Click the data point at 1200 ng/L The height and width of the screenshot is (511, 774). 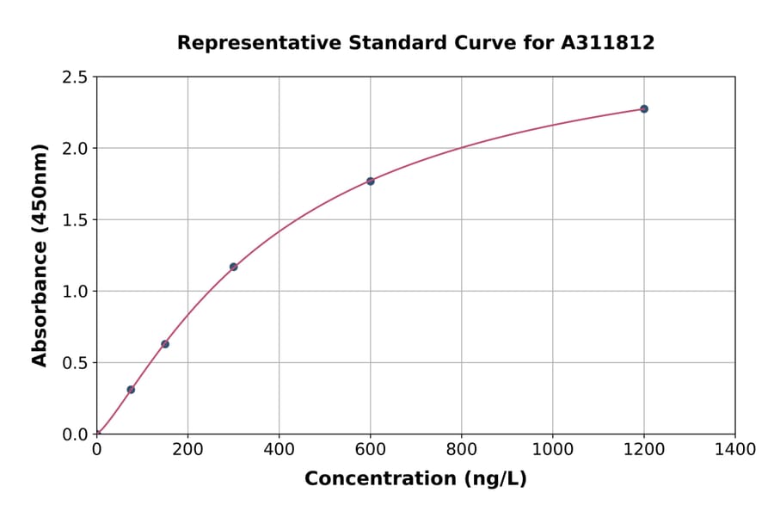[x=643, y=109]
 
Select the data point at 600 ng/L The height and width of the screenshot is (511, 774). [x=371, y=182]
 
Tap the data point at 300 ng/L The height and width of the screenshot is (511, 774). [x=233, y=267]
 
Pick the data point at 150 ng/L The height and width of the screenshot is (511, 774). [x=165, y=344]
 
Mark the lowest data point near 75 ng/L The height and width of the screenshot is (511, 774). [x=131, y=390]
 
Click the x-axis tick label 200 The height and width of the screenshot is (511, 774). [x=187, y=449]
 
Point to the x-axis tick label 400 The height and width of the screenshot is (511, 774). [x=279, y=449]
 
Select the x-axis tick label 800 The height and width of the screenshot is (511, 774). [x=461, y=449]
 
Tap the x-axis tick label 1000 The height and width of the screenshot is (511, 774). [x=552, y=449]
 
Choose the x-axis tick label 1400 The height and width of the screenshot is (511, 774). [x=734, y=449]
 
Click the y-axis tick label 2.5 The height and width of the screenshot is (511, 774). [x=75, y=77]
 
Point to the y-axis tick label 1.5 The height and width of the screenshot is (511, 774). [x=75, y=220]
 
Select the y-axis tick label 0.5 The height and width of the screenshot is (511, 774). [x=75, y=363]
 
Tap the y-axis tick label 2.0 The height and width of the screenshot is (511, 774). [x=75, y=149]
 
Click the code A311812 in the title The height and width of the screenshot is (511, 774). [x=608, y=42]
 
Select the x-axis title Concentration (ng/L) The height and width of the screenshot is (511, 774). [x=415, y=479]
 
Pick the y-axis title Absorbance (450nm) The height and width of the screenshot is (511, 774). [x=40, y=255]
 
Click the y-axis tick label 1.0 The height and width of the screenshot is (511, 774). [x=75, y=292]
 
